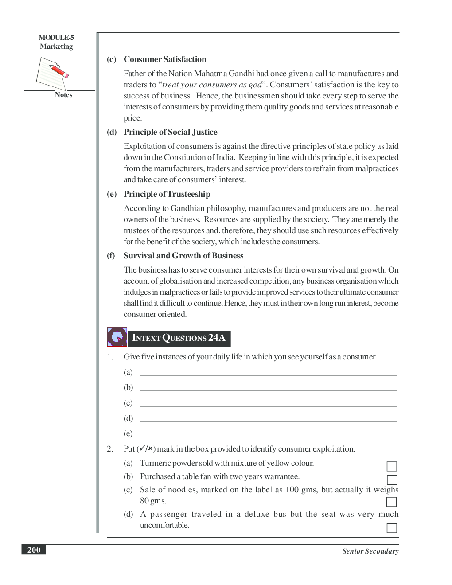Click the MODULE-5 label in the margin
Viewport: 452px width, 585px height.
(56, 38)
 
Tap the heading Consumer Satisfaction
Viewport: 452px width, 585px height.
(165, 59)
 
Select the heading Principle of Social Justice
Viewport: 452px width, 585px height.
(170, 132)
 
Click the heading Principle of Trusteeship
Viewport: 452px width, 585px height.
(167, 194)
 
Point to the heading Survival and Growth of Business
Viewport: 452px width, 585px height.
(183, 256)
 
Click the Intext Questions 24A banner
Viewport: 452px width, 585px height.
(179, 338)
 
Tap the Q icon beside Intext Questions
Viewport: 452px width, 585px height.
(117, 337)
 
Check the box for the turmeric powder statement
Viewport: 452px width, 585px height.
(392, 466)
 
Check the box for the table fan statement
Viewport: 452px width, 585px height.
(392, 480)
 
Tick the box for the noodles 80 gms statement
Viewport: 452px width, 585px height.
(391, 502)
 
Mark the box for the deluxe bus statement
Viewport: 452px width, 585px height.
(392, 528)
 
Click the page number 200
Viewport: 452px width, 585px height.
(34, 550)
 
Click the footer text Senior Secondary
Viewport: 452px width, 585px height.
(370, 551)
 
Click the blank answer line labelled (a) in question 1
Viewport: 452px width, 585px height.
(268, 373)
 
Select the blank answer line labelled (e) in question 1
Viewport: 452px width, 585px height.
(268, 434)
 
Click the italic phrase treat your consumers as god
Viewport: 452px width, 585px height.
(212, 85)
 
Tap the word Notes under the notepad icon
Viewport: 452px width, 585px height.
(63, 95)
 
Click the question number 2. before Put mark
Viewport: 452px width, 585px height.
(110, 449)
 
